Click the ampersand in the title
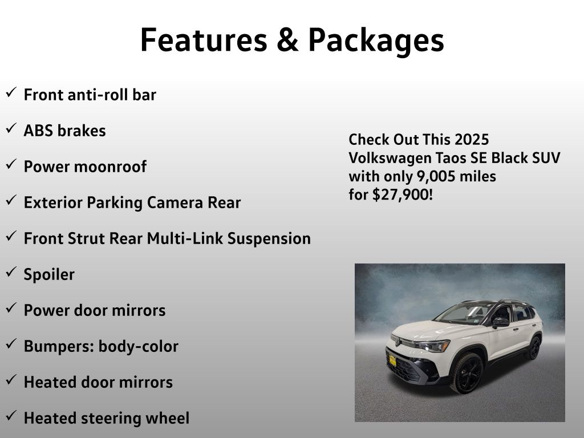[x=287, y=40]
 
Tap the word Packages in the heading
[x=376, y=41]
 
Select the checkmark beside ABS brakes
[x=11, y=128]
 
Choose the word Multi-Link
[x=185, y=238]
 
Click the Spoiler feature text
[x=49, y=275]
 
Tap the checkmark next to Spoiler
[x=11, y=272]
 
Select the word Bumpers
[x=59, y=347]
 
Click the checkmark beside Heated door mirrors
[x=11, y=379]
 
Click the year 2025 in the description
[x=472, y=140]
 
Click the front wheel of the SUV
[x=467, y=373]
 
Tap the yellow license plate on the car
[x=392, y=360]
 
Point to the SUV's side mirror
[x=500, y=322]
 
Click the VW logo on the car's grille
[x=398, y=342]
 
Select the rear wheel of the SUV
[x=535, y=347]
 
